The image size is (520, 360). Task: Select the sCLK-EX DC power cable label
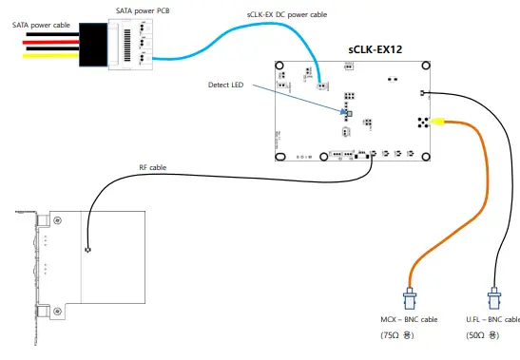(285, 14)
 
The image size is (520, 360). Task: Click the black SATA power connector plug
(93, 45)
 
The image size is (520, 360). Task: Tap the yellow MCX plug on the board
(438, 122)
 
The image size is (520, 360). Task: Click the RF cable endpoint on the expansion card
(87, 251)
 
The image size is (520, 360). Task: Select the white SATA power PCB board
(130, 44)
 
